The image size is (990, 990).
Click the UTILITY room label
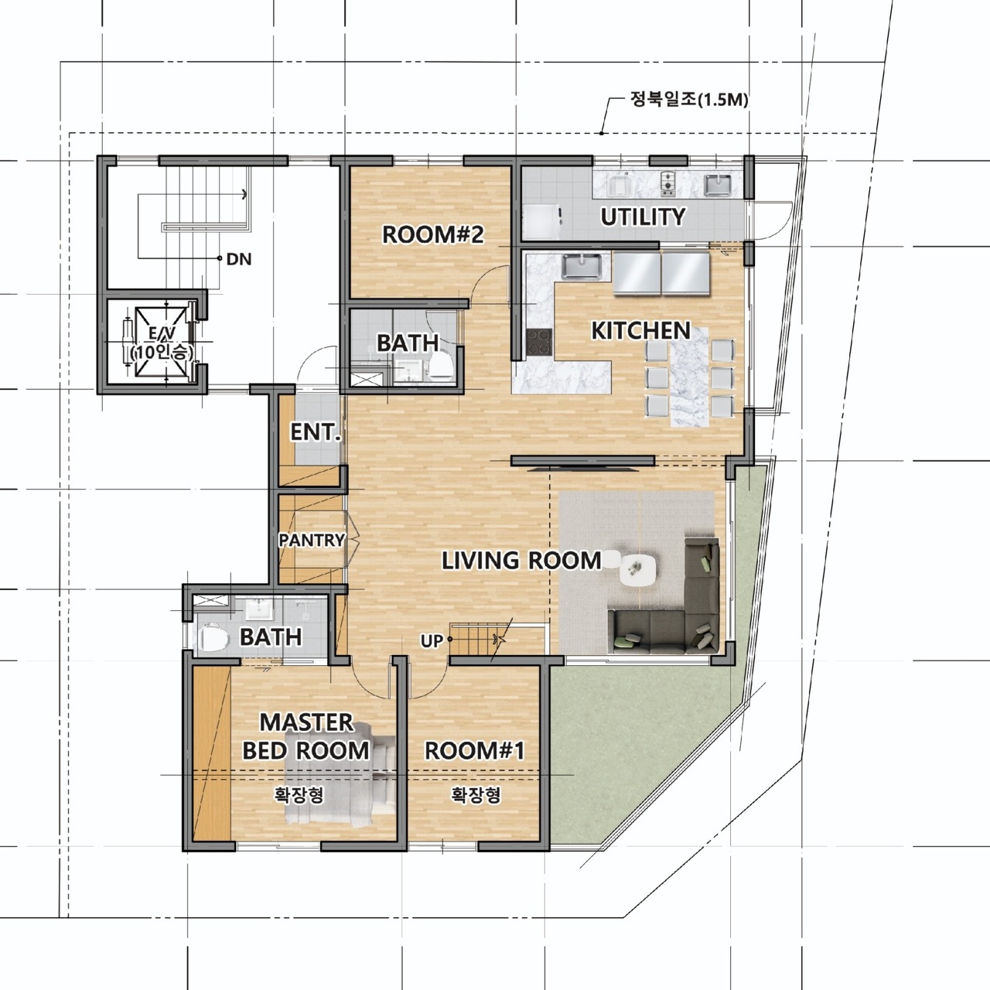click(x=643, y=217)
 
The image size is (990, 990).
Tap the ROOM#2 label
click(x=433, y=235)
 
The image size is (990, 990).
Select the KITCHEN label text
click(x=641, y=331)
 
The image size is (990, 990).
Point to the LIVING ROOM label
click(x=521, y=560)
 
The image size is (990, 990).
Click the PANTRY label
click(x=312, y=540)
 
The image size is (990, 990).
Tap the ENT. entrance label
click(x=316, y=432)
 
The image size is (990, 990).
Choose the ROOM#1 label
click(x=475, y=750)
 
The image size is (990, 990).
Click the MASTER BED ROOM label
click(x=306, y=736)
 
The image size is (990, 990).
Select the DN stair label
click(x=240, y=259)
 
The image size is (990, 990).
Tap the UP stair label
click(x=432, y=641)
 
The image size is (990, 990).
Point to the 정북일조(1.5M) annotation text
click(x=689, y=101)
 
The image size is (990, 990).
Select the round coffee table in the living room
click(x=637, y=569)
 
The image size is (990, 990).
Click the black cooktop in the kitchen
click(x=539, y=342)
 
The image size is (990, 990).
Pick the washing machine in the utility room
click(x=541, y=221)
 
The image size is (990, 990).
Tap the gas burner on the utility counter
click(x=668, y=183)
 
